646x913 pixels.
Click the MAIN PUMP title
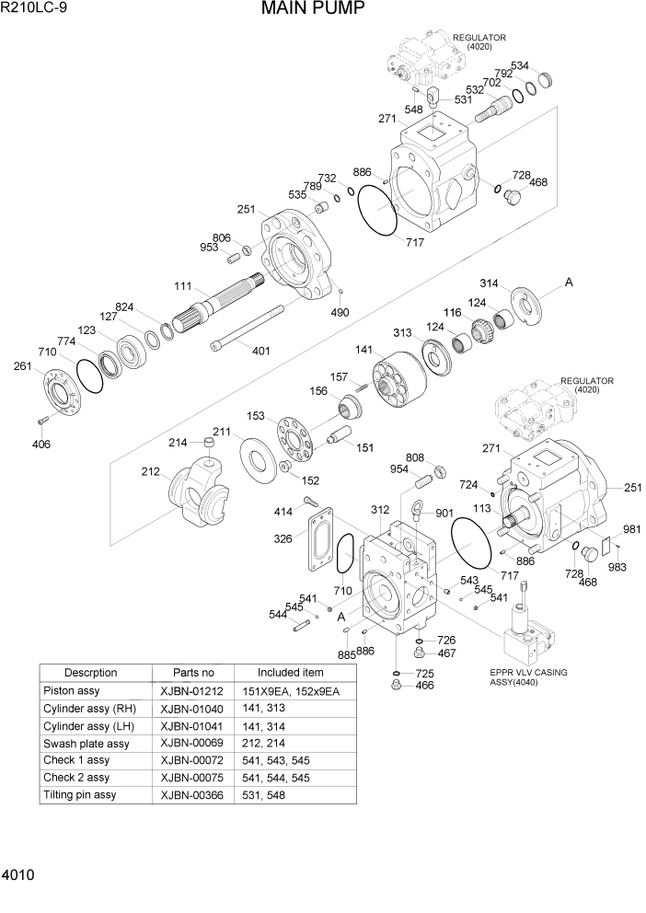point(313,10)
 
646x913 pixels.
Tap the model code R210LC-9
point(34,10)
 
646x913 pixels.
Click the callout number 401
point(261,350)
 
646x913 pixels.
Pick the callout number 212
point(151,473)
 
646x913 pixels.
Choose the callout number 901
point(444,514)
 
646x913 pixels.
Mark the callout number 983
point(617,567)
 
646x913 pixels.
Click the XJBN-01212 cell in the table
point(190,691)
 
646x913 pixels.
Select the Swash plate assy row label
point(87,744)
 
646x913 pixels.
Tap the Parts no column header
point(193,672)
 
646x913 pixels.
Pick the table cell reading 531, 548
point(265,795)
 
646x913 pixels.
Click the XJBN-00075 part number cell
point(190,778)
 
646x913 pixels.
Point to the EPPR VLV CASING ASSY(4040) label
point(528,677)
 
